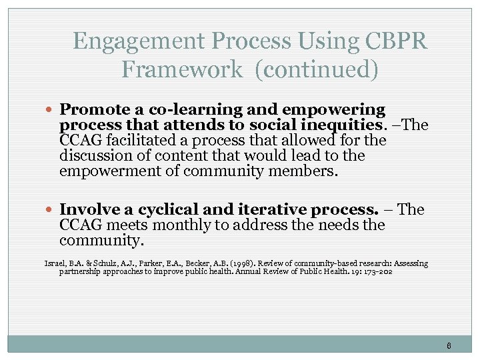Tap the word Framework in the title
coord(182,69)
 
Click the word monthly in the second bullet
coord(171,225)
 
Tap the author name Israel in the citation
coord(55,263)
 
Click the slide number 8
coord(449,345)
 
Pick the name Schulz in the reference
coord(103,263)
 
